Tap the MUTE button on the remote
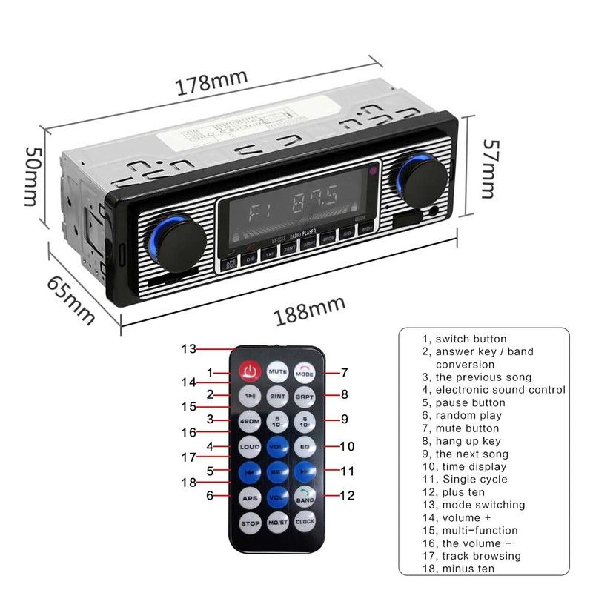point(277,371)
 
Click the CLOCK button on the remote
point(305,522)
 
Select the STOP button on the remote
point(249,523)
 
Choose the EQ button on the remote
point(305,446)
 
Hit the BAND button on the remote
point(305,497)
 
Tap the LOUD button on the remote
point(249,447)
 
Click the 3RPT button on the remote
point(305,396)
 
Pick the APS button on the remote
point(249,497)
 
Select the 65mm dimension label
point(71,299)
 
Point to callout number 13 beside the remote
point(190,348)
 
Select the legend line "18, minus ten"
point(458,569)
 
